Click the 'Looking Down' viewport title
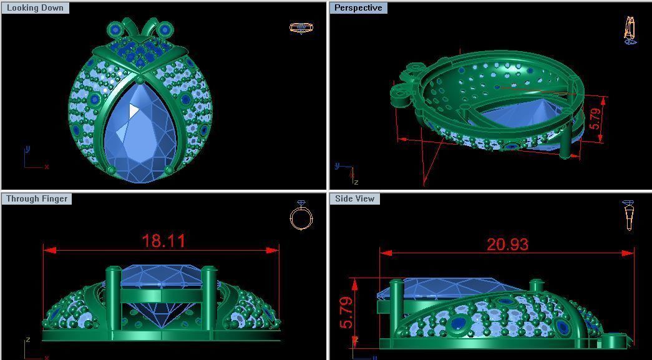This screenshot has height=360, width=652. pos(35,8)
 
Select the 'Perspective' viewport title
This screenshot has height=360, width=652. pos(358,8)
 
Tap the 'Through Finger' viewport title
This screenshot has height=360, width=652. pos(37,198)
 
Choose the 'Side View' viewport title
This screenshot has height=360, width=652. pos(355,198)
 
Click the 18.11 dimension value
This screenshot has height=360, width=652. pos(163,241)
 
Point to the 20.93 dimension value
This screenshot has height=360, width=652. pos(507,245)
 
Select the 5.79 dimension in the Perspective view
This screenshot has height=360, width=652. pos(596,119)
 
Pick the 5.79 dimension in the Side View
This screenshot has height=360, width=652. pos(346,312)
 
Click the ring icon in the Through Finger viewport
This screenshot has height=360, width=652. pos(301,216)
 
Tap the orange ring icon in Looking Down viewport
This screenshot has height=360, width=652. pos(301,27)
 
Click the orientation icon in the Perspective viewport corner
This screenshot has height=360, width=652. pos(630,30)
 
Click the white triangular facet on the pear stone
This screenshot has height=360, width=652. pos(134,111)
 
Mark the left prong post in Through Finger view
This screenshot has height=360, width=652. pos(114,299)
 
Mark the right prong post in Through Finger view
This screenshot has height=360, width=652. pos(208,299)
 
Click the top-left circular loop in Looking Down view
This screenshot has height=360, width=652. pos(115,29)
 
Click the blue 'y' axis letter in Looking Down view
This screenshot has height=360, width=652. pos(27,149)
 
